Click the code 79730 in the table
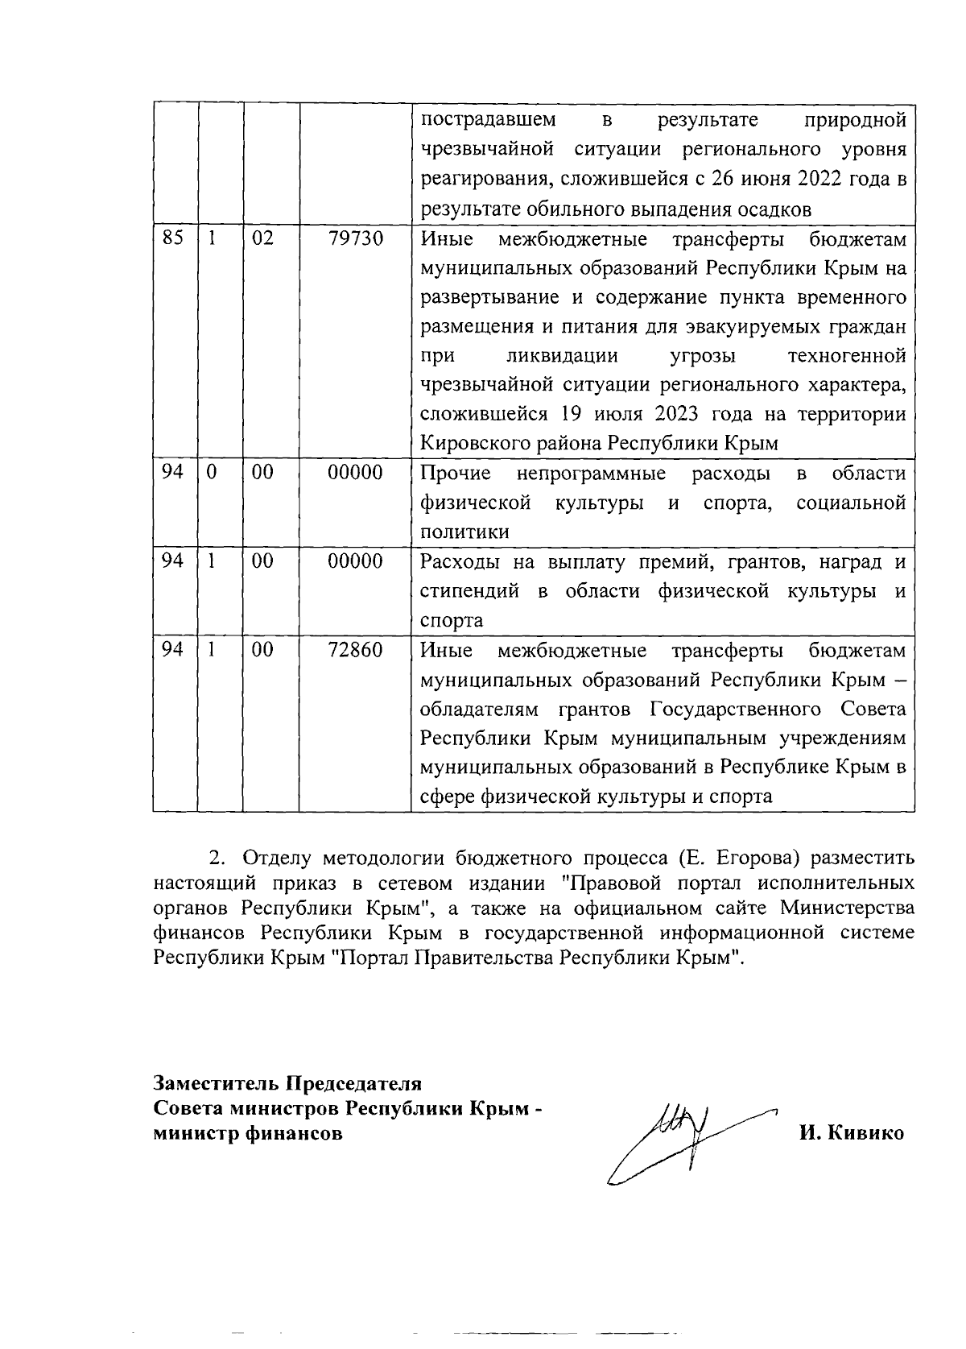(x=355, y=238)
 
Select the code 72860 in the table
(x=355, y=649)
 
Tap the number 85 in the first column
(x=172, y=238)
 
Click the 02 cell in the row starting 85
(x=262, y=238)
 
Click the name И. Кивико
(x=851, y=1133)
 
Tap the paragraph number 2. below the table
(x=215, y=855)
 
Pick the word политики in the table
(x=464, y=532)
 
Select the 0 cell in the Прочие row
(x=211, y=473)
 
